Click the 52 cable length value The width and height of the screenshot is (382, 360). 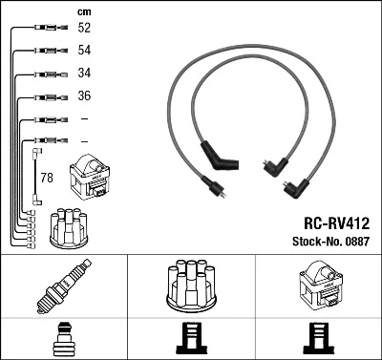point(84,28)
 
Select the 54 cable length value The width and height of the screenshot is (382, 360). point(84,50)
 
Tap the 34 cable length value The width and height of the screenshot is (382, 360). point(84,73)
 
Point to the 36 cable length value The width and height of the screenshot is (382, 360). point(84,95)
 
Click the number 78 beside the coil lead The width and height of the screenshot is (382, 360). point(47,178)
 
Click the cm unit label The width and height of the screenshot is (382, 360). point(84,11)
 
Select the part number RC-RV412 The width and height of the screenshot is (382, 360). point(337,223)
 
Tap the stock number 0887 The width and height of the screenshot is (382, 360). point(357,242)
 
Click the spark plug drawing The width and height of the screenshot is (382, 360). point(64,286)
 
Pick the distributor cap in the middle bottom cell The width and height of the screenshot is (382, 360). point(192,286)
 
